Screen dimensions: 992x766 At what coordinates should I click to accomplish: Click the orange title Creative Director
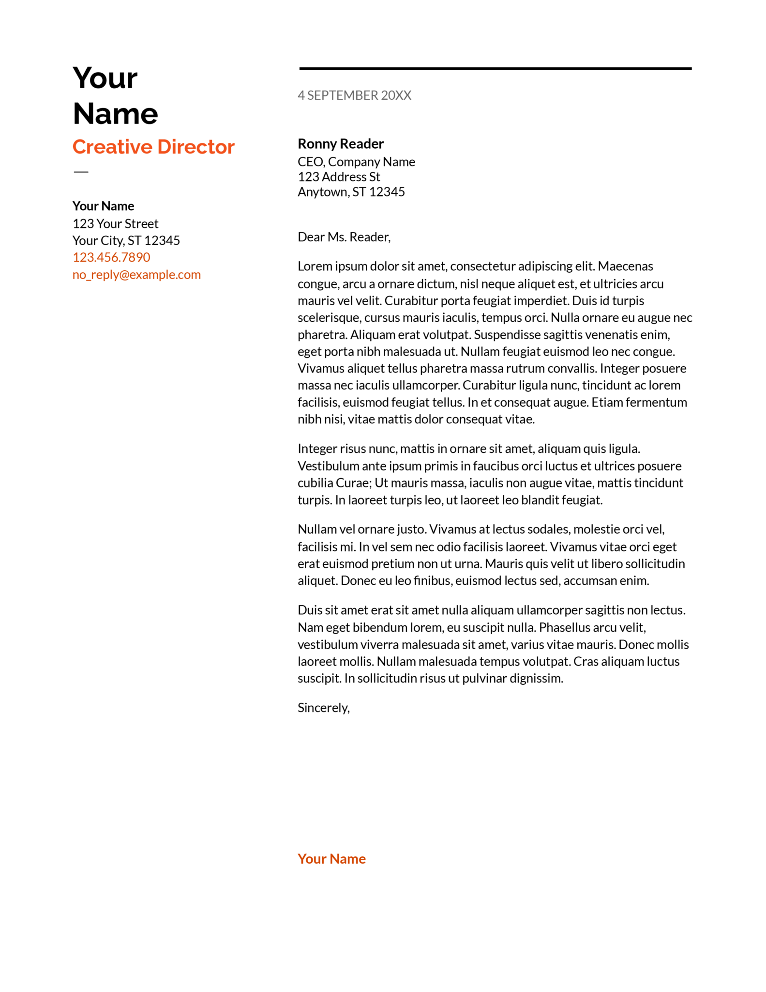[x=153, y=147]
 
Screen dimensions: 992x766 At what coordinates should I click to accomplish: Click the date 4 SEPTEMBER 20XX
[x=354, y=95]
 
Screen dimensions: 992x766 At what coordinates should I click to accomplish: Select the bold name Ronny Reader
[x=340, y=144]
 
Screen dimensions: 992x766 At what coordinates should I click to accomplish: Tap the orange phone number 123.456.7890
[x=111, y=257]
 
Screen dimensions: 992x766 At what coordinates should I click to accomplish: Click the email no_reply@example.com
[x=136, y=275]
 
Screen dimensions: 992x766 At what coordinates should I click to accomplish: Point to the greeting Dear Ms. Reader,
[x=344, y=237]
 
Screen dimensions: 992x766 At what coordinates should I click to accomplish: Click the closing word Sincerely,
[x=323, y=708]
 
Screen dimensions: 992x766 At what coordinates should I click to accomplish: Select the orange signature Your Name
[x=331, y=859]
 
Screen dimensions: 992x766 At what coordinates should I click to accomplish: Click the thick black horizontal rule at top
[x=495, y=69]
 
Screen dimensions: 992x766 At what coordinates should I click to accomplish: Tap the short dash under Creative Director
[x=81, y=171]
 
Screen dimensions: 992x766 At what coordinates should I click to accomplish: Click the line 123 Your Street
[x=115, y=224]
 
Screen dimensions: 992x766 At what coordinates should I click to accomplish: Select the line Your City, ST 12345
[x=126, y=241]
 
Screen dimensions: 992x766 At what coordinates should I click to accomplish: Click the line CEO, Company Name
[x=356, y=162]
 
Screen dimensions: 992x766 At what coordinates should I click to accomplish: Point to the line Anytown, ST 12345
[x=351, y=192]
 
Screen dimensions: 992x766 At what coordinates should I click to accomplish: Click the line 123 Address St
[x=339, y=177]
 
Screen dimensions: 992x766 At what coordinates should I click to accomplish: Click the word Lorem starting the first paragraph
[x=314, y=266]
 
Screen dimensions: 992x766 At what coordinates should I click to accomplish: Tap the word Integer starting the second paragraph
[x=317, y=449]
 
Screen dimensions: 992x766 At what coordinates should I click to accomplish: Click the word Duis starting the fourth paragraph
[x=309, y=610]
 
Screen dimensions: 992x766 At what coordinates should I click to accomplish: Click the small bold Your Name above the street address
[x=103, y=206]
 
